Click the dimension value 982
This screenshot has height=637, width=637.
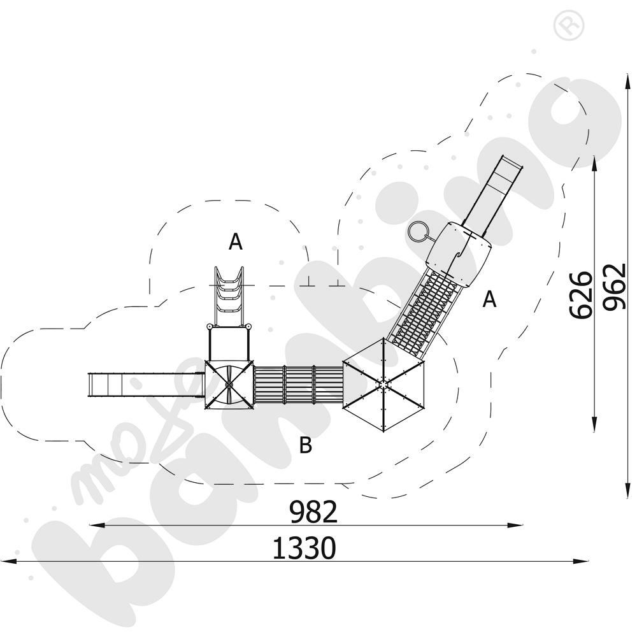(313, 512)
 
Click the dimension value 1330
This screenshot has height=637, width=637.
(304, 548)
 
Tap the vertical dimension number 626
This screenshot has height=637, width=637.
(580, 296)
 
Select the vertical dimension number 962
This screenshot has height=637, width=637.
(613, 287)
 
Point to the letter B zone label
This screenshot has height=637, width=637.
(306, 445)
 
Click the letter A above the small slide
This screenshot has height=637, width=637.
(236, 242)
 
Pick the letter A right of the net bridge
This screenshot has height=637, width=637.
(489, 299)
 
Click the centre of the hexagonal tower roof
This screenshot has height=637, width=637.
(383, 383)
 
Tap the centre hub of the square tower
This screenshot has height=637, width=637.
(229, 384)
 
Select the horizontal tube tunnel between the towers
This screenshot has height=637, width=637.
(298, 384)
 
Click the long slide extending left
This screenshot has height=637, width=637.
(147, 385)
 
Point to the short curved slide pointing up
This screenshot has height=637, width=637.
(229, 296)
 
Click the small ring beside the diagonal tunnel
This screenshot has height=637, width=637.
(417, 233)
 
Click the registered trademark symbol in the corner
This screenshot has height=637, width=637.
(568, 26)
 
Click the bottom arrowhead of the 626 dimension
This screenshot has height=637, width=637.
(594, 424)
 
